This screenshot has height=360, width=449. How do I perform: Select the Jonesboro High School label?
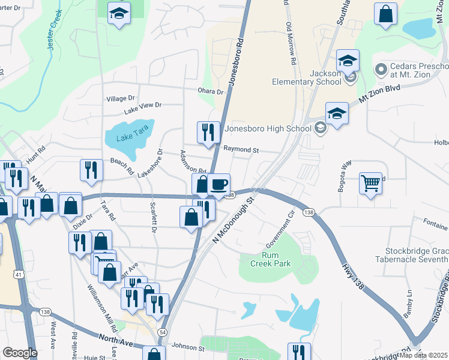(268, 127)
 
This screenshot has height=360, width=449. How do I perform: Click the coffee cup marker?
(218, 184)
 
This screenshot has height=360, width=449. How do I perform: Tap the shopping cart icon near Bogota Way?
(371, 183)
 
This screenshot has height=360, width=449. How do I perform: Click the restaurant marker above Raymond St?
(208, 133)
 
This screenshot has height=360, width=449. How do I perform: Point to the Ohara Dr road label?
(211, 92)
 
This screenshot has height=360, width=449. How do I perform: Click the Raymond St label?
(241, 149)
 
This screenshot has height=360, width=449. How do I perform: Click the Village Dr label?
(121, 98)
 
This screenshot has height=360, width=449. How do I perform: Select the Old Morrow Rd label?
(291, 44)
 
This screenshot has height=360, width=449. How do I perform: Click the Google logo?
(19, 353)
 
